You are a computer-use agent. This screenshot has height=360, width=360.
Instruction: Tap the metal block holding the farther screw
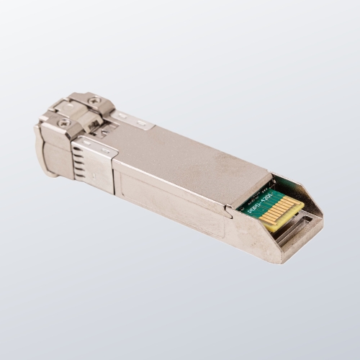click(x=94, y=104)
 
